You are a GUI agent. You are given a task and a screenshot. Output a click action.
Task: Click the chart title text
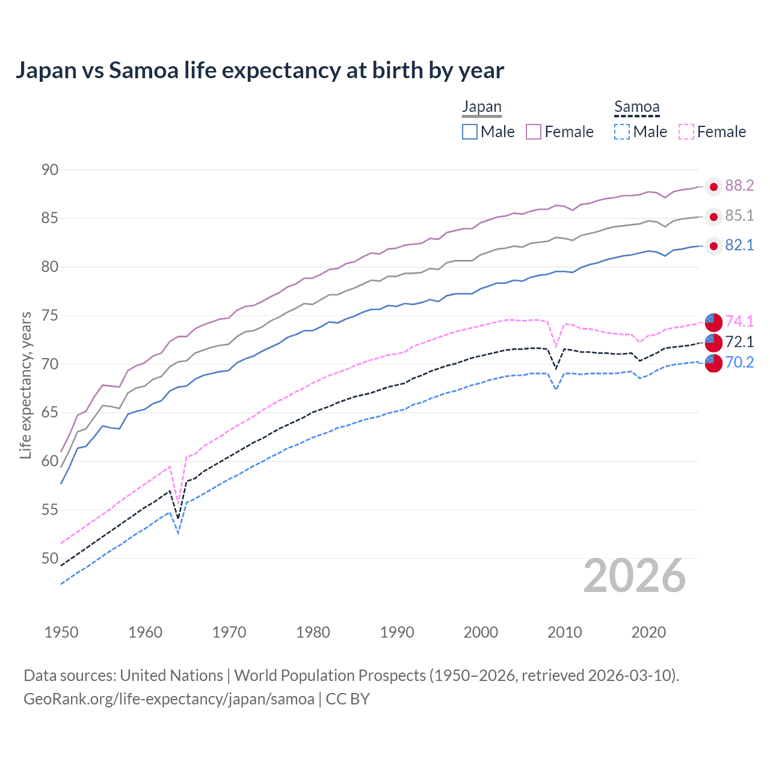pyautogui.click(x=259, y=70)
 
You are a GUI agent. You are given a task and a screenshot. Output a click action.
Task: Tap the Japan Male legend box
pyautogui.click(x=470, y=132)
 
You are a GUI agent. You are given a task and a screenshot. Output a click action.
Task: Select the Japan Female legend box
pyautogui.click(x=534, y=132)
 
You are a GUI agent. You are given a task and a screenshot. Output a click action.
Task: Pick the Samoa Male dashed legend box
pyautogui.click(x=622, y=132)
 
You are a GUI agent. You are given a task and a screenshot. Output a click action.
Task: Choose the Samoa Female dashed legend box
pyautogui.click(x=686, y=132)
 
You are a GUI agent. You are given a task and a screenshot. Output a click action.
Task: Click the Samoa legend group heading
pyautogui.click(x=636, y=107)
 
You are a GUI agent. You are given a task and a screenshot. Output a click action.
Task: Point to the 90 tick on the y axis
pyautogui.click(x=50, y=170)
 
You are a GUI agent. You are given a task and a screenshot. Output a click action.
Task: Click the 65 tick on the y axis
pyautogui.click(x=50, y=413)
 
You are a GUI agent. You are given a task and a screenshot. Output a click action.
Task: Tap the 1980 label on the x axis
pyautogui.click(x=313, y=632)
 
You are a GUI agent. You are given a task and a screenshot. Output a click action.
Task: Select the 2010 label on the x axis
pyautogui.click(x=564, y=632)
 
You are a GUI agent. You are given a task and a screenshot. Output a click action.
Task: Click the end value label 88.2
pyautogui.click(x=739, y=186)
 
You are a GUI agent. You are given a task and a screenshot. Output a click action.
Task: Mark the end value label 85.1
pyautogui.click(x=739, y=216)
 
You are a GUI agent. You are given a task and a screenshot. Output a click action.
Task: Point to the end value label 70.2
pyautogui.click(x=739, y=362)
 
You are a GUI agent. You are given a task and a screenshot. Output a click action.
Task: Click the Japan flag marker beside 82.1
pyautogui.click(x=713, y=245)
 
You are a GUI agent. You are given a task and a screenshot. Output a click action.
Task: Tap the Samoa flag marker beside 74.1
pyautogui.click(x=713, y=322)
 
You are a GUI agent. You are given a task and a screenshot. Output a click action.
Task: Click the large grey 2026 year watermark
pyautogui.click(x=635, y=576)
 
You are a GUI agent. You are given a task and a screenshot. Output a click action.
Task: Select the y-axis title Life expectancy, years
pyautogui.click(x=25, y=385)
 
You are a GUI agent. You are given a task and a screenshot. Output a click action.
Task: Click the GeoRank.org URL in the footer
pyautogui.click(x=169, y=699)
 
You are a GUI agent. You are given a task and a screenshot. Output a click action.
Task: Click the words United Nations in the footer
pyautogui.click(x=171, y=676)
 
